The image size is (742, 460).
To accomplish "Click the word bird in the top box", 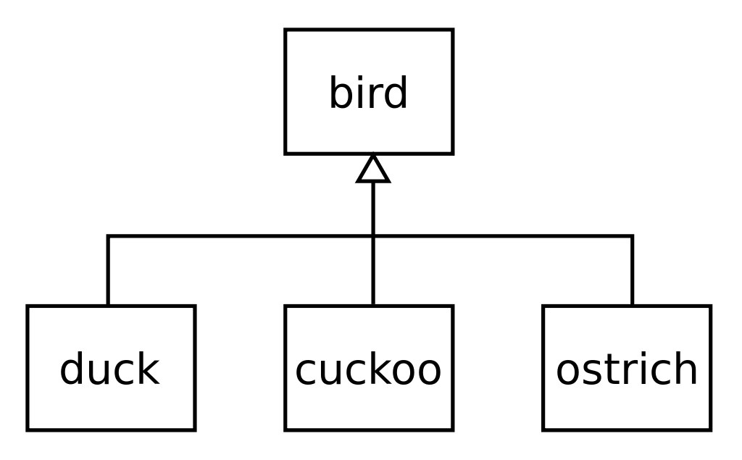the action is point(367,92).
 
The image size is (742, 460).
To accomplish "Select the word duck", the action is point(110,369).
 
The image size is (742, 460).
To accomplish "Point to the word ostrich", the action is point(627,369).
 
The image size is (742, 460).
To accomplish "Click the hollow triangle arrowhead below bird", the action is point(373,169).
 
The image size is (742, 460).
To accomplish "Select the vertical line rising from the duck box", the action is point(109,270).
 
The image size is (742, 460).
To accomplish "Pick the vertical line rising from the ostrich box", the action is point(632,270).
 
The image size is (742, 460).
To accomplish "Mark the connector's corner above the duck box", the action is point(109,235).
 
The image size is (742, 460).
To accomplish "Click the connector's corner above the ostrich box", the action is point(632,235).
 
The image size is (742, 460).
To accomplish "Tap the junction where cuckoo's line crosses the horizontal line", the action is point(373,235).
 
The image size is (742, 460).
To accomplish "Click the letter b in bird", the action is point(340,92).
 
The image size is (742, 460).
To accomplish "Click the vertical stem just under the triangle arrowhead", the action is point(373,209).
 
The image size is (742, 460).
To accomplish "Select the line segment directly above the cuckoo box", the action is point(373,271).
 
